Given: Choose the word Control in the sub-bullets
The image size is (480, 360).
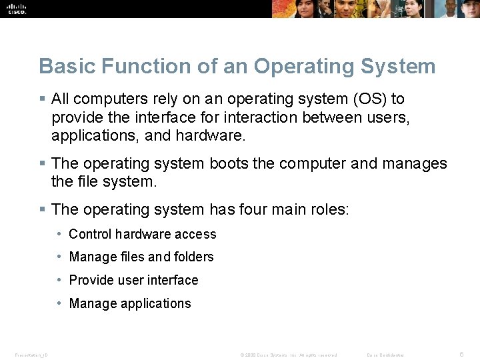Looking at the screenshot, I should click(x=91, y=234).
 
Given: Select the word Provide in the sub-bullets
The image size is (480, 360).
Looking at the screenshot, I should click(x=91, y=280).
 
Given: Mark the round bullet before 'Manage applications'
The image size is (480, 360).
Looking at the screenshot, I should click(x=60, y=303).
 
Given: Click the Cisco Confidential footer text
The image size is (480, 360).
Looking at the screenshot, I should click(x=386, y=355).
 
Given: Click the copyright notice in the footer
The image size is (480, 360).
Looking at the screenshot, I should click(x=289, y=355).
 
